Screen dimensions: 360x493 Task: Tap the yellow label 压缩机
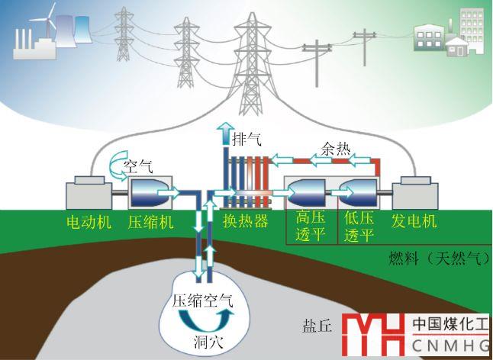tap(151, 221)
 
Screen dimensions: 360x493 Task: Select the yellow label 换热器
tap(246, 221)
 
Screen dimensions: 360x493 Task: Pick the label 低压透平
tap(358, 227)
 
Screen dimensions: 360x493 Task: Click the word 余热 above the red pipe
tap(336, 150)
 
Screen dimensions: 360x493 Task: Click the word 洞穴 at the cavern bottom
tap(207, 340)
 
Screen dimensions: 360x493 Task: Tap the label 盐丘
tap(317, 326)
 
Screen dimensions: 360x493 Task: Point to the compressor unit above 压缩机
tap(151, 194)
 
